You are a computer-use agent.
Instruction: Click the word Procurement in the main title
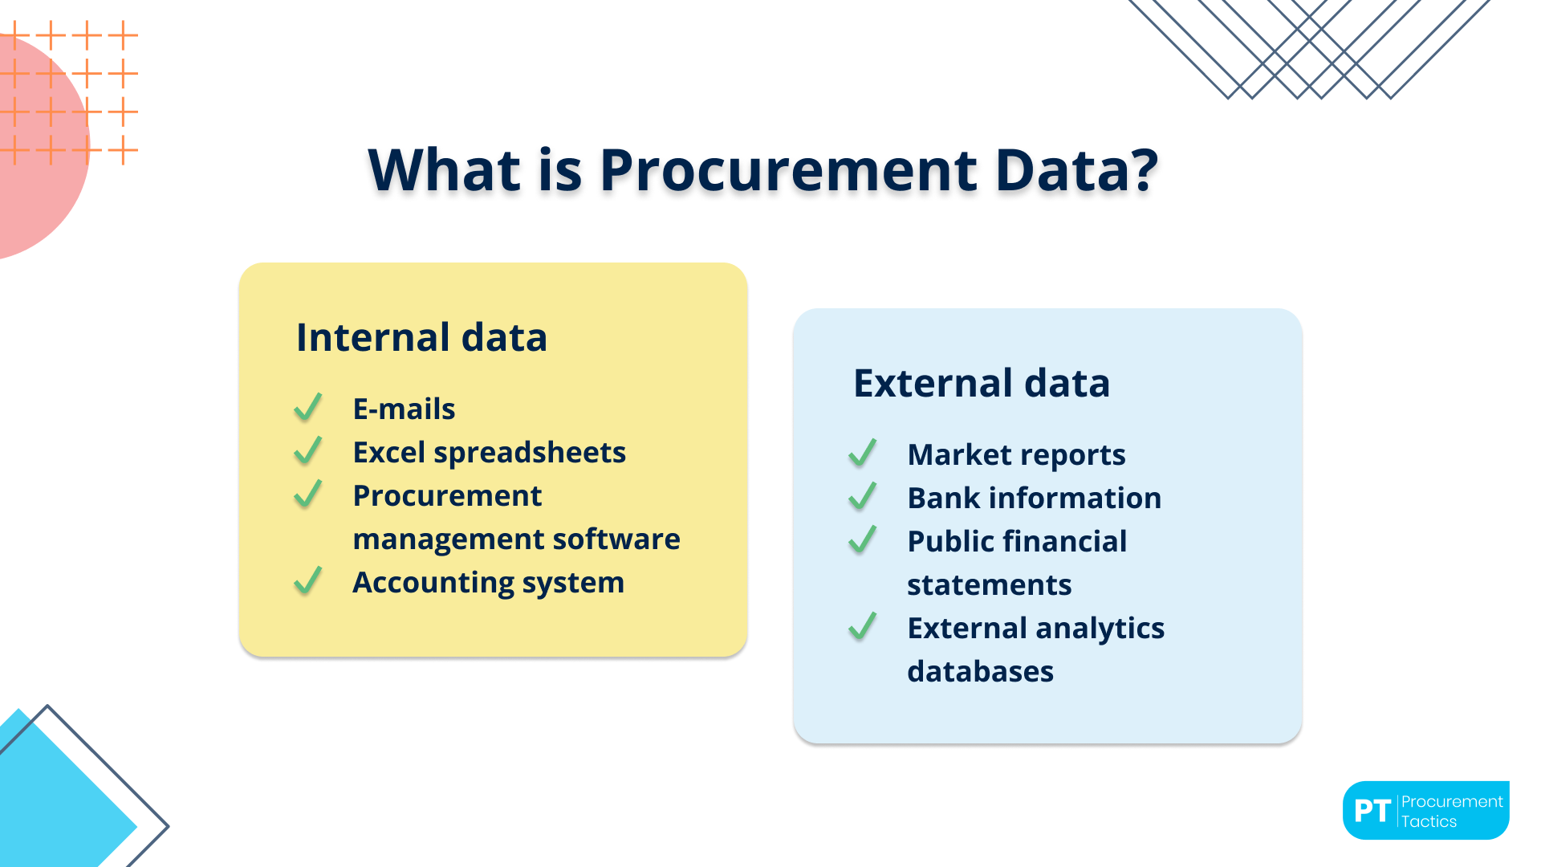pos(788,171)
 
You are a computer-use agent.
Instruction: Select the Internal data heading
pos(421,337)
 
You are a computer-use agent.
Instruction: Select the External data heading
pos(981,383)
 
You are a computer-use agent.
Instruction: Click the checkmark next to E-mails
pos(307,408)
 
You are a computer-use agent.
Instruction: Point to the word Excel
pos(389,453)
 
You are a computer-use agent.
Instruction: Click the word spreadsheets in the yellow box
pos(530,454)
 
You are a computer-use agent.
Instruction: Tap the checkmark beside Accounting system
pos(307,581)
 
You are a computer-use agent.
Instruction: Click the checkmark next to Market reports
pos(862,454)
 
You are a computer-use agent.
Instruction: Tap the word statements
pos(989,585)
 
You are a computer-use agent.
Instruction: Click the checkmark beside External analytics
pos(862,627)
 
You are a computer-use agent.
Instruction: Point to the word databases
pos(980,672)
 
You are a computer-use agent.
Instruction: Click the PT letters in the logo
pos(1372,812)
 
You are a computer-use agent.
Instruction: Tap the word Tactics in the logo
pos(1429,822)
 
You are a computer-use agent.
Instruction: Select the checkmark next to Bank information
pos(862,497)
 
